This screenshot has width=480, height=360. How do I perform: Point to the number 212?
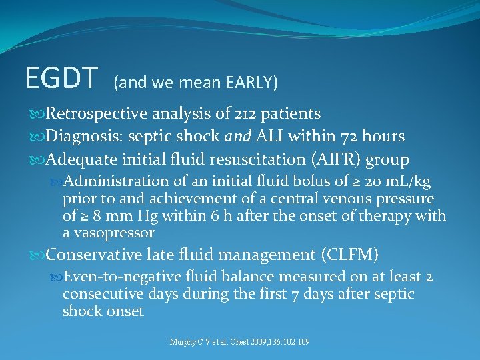246,114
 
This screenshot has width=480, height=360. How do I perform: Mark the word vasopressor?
117,233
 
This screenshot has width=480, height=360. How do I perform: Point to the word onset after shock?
124,311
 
